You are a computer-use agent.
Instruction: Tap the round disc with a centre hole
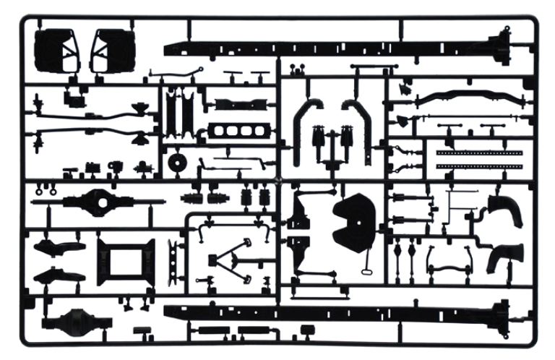(176, 163)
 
